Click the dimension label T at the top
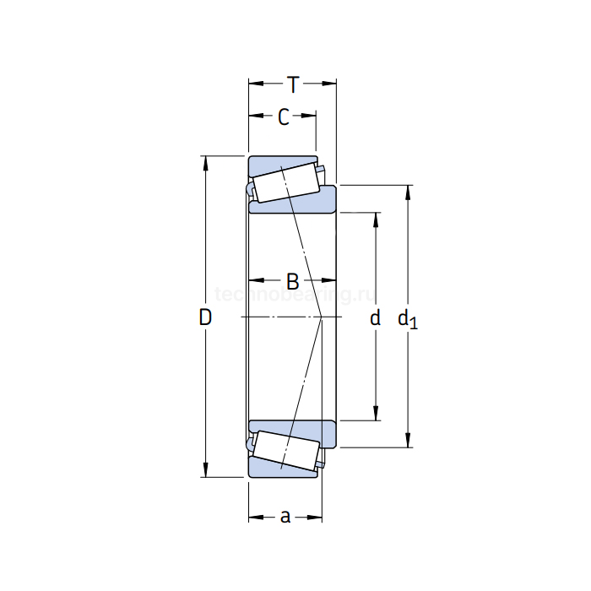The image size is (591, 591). coord(292,84)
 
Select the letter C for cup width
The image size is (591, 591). coord(284,117)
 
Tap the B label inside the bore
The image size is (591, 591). coord(292,280)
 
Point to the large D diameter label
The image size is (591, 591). coord(204,317)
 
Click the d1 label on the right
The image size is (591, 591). coord(407,318)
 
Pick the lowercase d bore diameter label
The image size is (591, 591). coord(376,317)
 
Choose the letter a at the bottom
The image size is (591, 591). coord(285,516)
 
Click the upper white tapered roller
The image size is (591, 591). coord(285,183)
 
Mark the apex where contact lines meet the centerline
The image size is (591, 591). coord(323,317)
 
